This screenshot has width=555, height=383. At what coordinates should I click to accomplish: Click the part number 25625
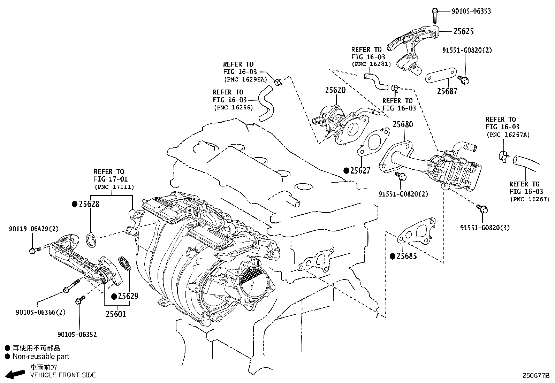tap(463, 31)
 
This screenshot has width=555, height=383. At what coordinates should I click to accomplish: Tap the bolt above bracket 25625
tap(434, 15)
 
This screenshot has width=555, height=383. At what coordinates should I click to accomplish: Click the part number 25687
tap(447, 91)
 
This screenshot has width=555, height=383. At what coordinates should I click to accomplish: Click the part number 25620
tap(335, 90)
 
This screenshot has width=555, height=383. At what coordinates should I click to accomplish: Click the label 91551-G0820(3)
tap(485, 228)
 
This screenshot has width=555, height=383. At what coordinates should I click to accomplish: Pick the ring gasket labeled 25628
tap(91, 240)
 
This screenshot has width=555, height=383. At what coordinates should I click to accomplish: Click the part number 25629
tap(128, 296)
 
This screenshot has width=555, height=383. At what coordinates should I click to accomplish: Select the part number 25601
tap(116, 314)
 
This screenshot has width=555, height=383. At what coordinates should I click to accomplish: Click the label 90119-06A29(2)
tap(33, 229)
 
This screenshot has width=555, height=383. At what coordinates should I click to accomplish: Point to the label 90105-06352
tap(77, 335)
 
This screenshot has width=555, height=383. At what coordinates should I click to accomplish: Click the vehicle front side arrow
tap(15, 375)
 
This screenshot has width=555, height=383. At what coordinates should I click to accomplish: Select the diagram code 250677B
tap(535, 376)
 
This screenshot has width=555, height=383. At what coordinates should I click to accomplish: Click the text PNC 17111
tap(114, 187)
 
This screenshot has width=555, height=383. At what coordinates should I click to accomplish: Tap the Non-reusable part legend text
tap(41, 357)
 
